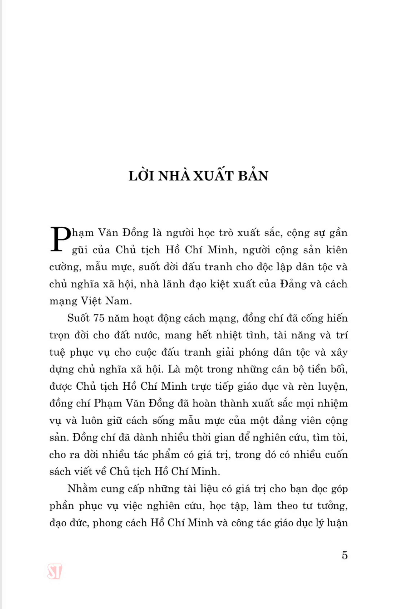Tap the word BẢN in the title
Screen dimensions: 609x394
click(x=253, y=176)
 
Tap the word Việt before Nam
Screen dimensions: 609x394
click(x=91, y=301)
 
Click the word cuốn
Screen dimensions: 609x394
click(x=336, y=455)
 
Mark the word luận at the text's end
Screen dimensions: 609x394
click(x=337, y=523)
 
